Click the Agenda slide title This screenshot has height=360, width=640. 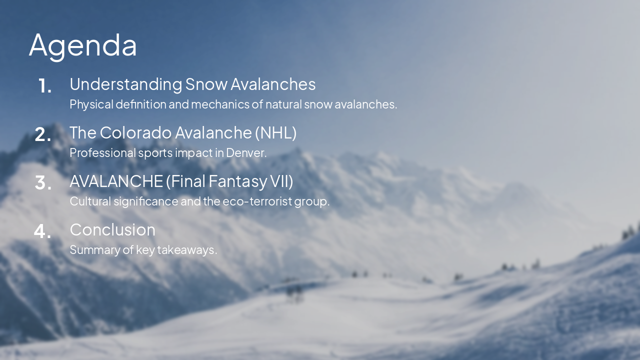[x=83, y=45]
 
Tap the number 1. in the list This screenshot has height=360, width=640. [x=45, y=86]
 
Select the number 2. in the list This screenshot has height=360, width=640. [x=43, y=134]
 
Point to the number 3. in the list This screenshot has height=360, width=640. [x=43, y=183]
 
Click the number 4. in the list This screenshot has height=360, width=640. [x=43, y=231]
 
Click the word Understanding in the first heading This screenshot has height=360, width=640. [x=125, y=84]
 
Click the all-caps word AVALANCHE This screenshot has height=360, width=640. [x=116, y=181]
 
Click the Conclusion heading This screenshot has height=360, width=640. [x=112, y=230]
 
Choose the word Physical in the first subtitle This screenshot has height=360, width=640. [x=91, y=104]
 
